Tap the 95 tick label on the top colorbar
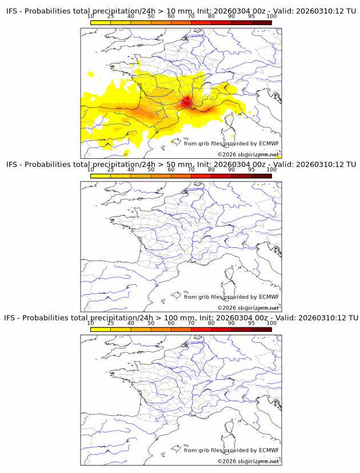pyautogui.click(x=251, y=17)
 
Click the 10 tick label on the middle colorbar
pyautogui.click(x=91, y=170)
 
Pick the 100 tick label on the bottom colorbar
pyautogui.click(x=271, y=323)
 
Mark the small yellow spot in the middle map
pyautogui.click(x=187, y=251)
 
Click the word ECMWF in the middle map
pyautogui.click(x=269, y=297)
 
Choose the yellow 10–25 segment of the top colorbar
pyautogui.click(x=101, y=23)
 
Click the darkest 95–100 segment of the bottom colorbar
pyautogui.click(x=261, y=329)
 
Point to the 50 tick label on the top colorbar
pyautogui.click(x=151, y=17)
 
